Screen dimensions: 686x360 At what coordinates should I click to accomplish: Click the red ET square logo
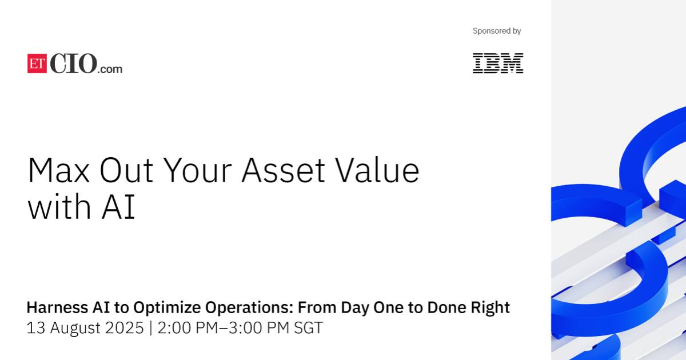pos(37,63)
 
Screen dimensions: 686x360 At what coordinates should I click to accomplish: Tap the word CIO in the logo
pos(74,63)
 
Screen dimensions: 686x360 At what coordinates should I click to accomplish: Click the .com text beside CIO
pos(110,69)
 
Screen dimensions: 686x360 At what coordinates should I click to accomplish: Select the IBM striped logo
pos(498,63)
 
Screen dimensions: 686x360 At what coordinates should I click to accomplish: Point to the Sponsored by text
pos(497,31)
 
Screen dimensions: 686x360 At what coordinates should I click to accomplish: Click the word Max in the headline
pos(58,170)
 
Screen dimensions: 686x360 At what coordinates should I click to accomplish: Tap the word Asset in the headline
pos(284,170)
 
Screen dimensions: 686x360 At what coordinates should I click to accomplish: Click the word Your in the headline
pos(198,170)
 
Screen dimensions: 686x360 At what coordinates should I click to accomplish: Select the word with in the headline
pos(59,206)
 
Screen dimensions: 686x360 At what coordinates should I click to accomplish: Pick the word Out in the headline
pos(126,170)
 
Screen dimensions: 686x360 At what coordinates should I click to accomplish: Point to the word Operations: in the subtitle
pos(249,308)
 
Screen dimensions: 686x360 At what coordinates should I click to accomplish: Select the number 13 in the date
pos(36,328)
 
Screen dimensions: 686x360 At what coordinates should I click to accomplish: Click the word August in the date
pos(75,329)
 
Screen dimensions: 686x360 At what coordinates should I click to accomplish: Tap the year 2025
pos(125,328)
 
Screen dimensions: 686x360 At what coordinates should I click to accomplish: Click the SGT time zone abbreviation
pos(308,328)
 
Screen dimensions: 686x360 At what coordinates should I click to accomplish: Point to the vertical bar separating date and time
pos(151,328)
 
